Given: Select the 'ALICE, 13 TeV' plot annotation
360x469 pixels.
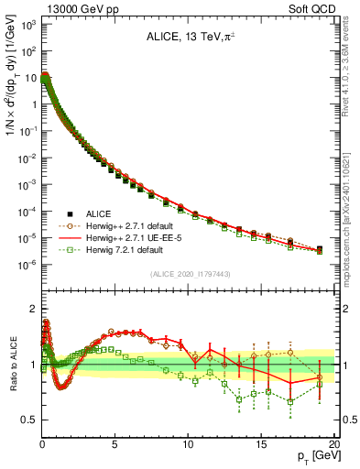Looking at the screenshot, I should click(x=188, y=38).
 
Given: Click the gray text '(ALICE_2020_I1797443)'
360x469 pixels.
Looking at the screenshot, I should click(x=189, y=275).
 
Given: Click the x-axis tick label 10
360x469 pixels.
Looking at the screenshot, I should click(x=188, y=443).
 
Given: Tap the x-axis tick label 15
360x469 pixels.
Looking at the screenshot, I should click(x=261, y=443).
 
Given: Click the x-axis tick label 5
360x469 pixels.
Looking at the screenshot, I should click(x=115, y=443).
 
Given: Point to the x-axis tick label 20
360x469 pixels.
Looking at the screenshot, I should click(x=333, y=443).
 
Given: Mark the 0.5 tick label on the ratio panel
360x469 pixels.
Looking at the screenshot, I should click(x=27, y=420).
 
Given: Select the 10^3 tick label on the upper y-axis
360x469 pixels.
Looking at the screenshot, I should click(x=27, y=25).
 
